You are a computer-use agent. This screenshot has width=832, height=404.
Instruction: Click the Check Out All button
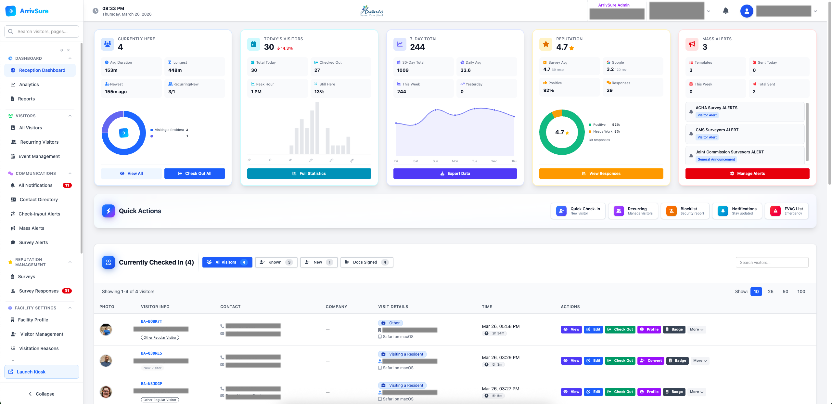point(195,174)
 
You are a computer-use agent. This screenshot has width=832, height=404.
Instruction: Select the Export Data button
point(455,174)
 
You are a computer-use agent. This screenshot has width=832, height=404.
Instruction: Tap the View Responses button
point(601,174)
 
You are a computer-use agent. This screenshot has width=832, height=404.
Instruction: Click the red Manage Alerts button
point(747,174)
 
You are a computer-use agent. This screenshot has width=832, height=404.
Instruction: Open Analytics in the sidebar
point(29,85)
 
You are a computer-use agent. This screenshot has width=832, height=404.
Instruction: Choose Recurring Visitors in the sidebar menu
point(39,142)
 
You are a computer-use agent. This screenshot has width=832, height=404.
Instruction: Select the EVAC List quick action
point(787,211)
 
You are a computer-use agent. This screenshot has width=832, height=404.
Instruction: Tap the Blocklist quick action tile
point(685,211)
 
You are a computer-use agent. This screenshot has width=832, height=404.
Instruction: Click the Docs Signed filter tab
point(366,262)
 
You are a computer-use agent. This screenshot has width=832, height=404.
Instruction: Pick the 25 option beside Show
point(771,292)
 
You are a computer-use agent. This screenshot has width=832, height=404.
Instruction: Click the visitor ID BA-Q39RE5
point(151,353)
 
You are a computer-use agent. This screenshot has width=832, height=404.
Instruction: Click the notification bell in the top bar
point(726,11)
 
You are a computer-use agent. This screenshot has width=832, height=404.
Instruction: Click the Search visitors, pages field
point(42,32)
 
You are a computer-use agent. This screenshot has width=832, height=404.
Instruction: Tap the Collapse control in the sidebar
point(42,394)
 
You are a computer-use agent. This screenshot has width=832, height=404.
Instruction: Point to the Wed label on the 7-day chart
point(494,161)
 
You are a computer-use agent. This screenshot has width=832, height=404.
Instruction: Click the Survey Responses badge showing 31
point(67,291)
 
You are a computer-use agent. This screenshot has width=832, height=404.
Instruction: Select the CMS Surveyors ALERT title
point(717,130)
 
